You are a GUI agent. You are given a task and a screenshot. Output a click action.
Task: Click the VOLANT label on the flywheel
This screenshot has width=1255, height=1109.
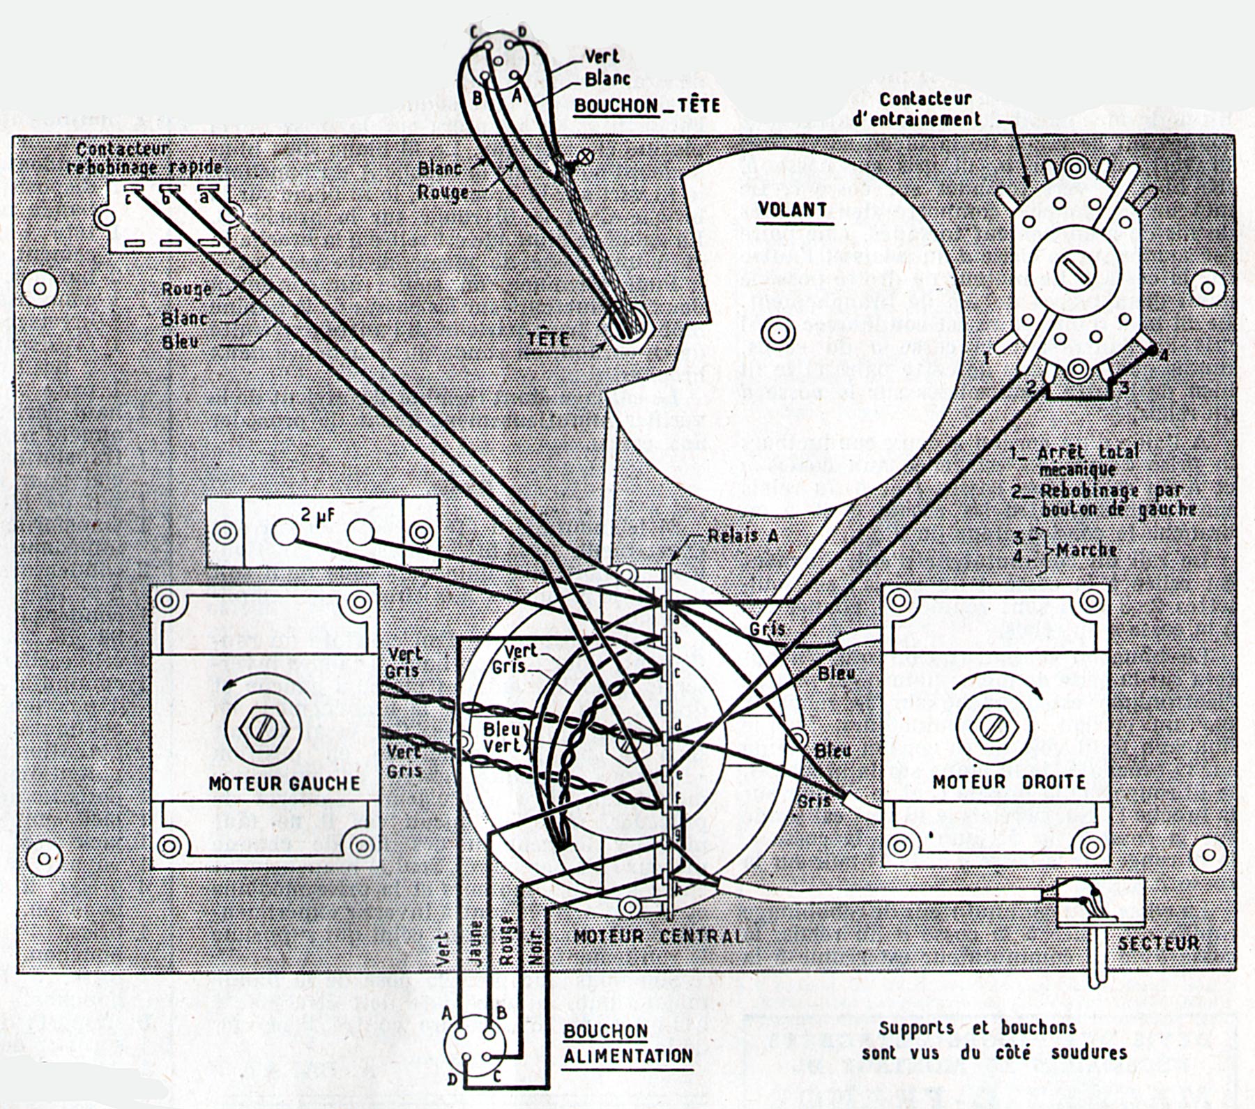(792, 209)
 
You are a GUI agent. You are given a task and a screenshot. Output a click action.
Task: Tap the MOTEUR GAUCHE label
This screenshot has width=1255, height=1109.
(284, 783)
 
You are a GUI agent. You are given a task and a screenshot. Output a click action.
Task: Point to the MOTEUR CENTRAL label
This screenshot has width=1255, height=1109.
(658, 935)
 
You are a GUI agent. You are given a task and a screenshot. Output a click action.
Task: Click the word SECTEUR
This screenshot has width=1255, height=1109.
(1158, 943)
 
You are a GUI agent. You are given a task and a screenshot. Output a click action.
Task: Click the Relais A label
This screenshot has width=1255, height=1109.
(743, 535)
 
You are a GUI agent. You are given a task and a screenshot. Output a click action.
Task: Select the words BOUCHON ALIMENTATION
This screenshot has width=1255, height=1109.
(627, 1043)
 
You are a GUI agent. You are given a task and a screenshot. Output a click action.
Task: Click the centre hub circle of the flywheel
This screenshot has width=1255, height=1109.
(778, 332)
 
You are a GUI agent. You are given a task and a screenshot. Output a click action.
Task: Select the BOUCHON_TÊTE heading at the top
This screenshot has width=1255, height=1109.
(646, 106)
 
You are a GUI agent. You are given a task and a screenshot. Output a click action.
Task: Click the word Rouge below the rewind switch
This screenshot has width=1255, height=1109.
(186, 289)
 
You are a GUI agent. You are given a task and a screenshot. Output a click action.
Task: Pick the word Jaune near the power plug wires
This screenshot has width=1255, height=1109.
(476, 943)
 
